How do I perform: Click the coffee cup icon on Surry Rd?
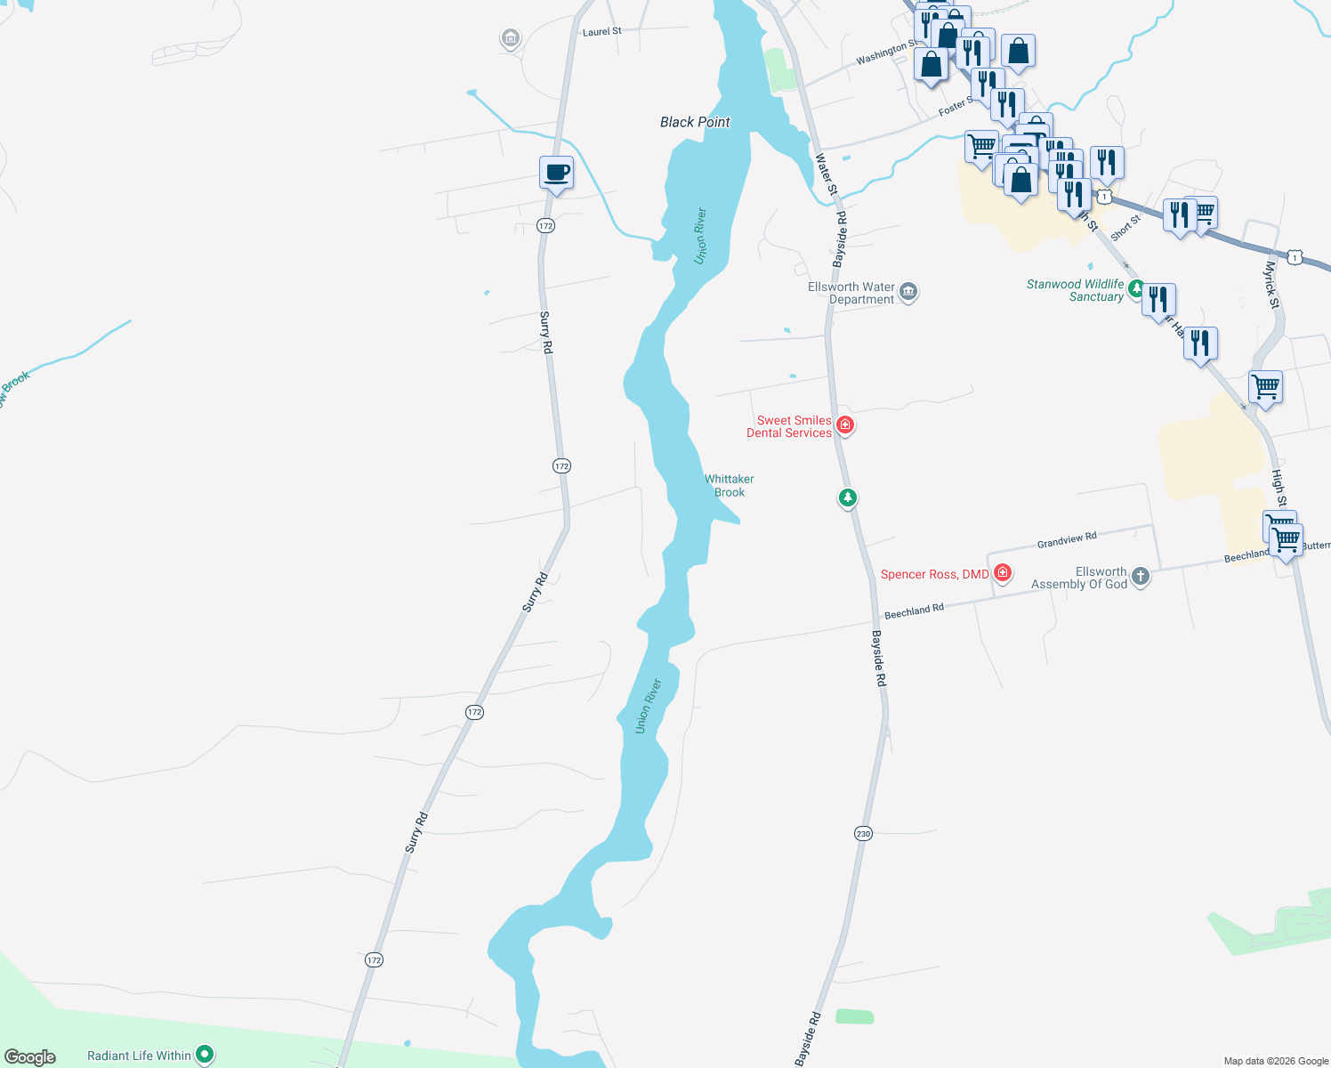point(556,173)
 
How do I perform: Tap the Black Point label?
point(695,122)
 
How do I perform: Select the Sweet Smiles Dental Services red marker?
point(845,425)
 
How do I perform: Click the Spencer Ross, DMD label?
point(934,574)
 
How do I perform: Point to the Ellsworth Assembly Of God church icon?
point(1141,577)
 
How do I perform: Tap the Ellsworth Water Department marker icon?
point(908,292)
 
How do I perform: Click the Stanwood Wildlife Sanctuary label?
point(1075,290)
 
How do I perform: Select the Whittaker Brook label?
point(730,485)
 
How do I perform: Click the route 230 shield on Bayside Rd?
point(863,834)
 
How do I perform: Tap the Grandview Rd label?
point(1067,540)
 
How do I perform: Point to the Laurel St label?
point(602,32)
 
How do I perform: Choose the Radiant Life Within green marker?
point(205,1055)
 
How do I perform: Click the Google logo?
point(30,1057)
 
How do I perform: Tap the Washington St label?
point(886,53)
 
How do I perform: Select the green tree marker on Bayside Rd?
point(848,498)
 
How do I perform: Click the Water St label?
point(827,174)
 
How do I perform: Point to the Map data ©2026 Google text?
point(1276,1061)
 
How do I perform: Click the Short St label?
point(1125,227)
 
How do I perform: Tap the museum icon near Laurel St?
point(511,38)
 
